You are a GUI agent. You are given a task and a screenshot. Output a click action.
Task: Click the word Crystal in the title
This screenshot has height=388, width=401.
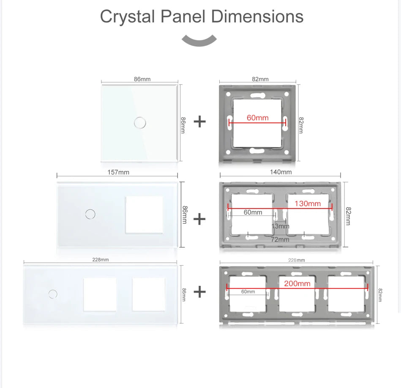(x=127, y=16)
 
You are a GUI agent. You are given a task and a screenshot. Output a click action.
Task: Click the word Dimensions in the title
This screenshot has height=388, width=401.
(x=257, y=16)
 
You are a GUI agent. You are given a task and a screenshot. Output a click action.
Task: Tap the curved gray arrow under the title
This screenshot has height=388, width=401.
(x=199, y=41)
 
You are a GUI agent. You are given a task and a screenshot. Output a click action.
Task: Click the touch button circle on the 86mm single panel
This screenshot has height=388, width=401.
(x=139, y=123)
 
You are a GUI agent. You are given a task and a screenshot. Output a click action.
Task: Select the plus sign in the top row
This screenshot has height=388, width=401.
(x=199, y=122)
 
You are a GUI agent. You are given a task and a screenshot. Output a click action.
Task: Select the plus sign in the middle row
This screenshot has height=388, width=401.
(x=199, y=219)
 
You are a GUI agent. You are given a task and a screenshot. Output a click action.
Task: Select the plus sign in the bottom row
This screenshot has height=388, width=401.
(x=199, y=291)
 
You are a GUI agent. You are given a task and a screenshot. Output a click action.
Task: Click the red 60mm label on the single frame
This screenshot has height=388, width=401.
(x=257, y=118)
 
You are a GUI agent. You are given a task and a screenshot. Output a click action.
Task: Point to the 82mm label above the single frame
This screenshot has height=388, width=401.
(x=260, y=79)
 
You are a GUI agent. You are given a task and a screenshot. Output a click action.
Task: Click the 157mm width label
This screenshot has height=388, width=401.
(x=118, y=172)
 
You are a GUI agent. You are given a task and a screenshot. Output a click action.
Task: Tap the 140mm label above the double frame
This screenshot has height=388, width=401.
(x=281, y=172)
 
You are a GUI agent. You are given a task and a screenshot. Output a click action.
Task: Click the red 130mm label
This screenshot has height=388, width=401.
(x=308, y=203)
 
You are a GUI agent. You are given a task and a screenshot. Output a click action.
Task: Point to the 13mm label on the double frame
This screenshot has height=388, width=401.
(x=280, y=226)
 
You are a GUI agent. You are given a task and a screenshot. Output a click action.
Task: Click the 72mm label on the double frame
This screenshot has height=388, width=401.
(x=280, y=239)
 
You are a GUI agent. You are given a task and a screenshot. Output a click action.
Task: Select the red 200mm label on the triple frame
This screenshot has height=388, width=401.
(x=297, y=284)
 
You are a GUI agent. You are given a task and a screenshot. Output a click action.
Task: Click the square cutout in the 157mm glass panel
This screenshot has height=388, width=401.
(x=144, y=214)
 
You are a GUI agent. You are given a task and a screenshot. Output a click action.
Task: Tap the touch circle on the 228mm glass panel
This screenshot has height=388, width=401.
(x=53, y=293)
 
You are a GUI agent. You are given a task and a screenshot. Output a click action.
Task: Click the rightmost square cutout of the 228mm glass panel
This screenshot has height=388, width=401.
(x=148, y=294)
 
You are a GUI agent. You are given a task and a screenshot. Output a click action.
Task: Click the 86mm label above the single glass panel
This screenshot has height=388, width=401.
(x=142, y=79)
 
